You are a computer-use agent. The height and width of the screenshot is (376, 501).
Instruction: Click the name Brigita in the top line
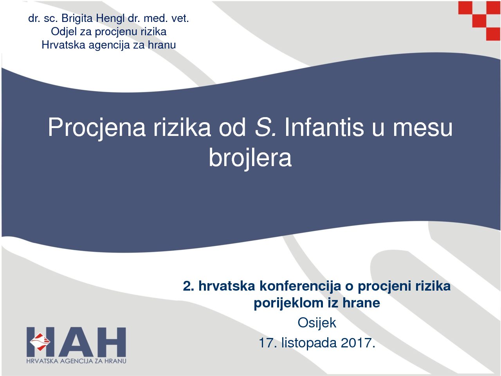click(x=77, y=19)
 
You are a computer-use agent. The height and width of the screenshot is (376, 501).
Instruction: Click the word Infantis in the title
click(x=324, y=127)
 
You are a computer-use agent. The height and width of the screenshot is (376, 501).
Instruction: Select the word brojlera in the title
click(x=250, y=157)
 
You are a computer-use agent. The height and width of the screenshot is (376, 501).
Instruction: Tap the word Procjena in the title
click(x=97, y=127)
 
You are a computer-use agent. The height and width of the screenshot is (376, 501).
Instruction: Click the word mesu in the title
click(x=422, y=128)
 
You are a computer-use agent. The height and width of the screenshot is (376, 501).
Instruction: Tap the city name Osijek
click(x=317, y=323)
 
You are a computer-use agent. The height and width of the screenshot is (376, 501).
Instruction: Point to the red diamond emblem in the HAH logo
click(x=40, y=342)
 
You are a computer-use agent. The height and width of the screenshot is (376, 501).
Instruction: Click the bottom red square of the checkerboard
click(x=493, y=34)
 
